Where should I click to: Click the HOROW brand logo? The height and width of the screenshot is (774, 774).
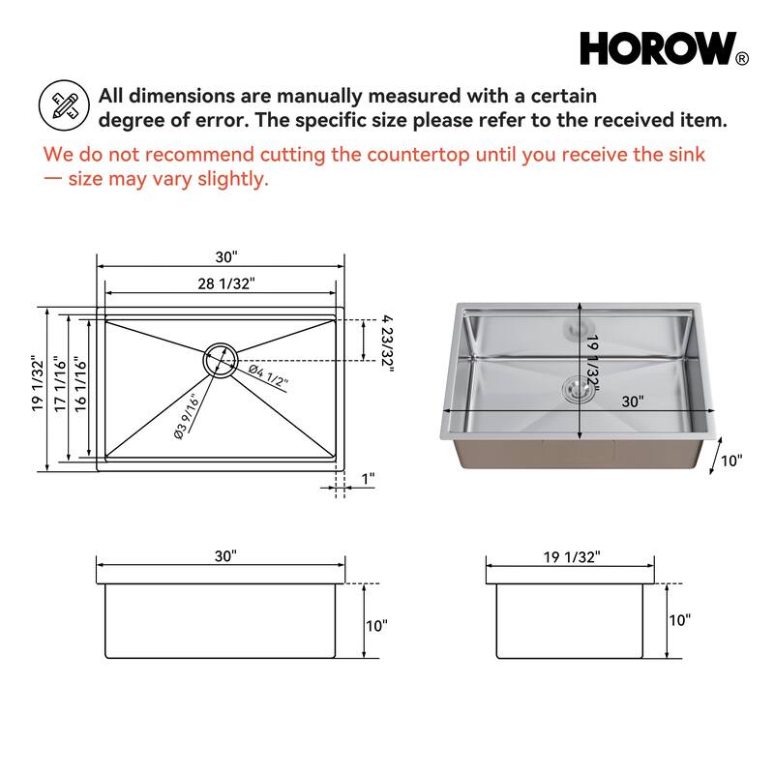tap(657, 47)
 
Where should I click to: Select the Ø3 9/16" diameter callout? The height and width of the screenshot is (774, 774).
tap(186, 415)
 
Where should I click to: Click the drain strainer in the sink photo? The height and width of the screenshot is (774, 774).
tap(577, 388)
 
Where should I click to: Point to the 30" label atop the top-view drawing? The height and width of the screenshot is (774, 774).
tap(225, 257)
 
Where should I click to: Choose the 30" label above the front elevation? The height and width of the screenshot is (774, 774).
tap(225, 556)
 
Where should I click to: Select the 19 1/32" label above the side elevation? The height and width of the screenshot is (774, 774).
tap(571, 556)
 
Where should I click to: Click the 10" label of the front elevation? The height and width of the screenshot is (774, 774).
tap(376, 625)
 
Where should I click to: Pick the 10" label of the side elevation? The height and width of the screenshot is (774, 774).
tap(680, 620)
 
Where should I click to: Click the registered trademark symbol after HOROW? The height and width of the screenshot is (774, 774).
tap(742, 59)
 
